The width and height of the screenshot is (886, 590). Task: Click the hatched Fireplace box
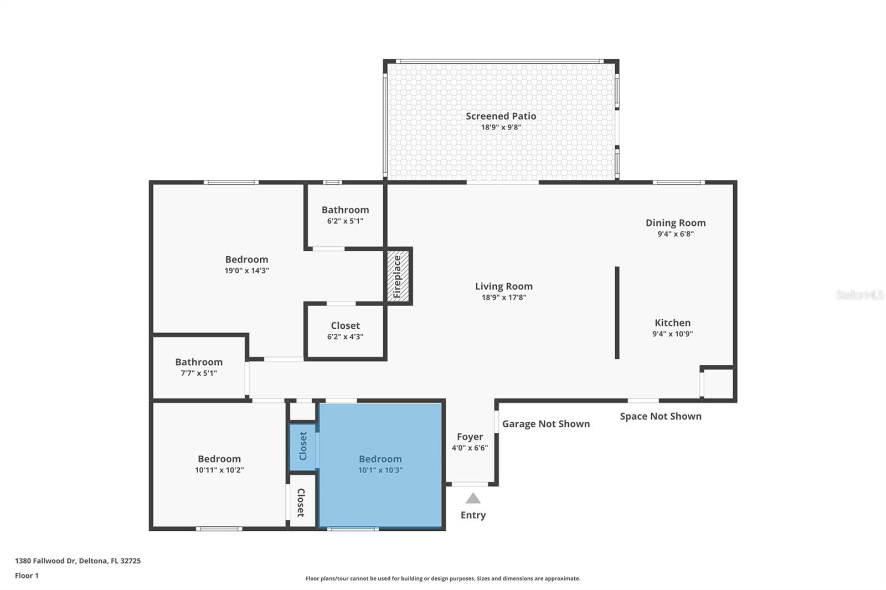[x=398, y=276]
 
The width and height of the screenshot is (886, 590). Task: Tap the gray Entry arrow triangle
[x=473, y=499]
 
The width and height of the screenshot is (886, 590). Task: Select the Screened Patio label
[x=501, y=116]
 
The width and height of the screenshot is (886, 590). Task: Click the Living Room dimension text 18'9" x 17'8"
[x=503, y=298]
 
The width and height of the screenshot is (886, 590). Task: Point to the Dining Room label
[x=676, y=223]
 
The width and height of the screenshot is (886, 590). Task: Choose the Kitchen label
[x=672, y=323]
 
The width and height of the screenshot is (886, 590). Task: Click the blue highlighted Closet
[x=302, y=446]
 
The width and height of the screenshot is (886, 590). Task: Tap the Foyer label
[x=470, y=437]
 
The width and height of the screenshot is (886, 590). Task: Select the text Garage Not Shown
[x=545, y=424]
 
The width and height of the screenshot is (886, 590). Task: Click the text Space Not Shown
[x=660, y=416]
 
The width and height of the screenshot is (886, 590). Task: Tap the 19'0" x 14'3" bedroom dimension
[x=246, y=271]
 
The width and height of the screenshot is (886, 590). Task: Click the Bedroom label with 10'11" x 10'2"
[x=219, y=459]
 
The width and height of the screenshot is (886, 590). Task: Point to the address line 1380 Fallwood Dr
[x=78, y=561]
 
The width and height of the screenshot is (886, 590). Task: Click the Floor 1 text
[x=27, y=576]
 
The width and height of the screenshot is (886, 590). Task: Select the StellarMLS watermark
[x=859, y=295]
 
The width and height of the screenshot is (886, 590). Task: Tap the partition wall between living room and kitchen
[x=617, y=313]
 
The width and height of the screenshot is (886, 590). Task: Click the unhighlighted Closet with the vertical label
[x=301, y=502]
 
